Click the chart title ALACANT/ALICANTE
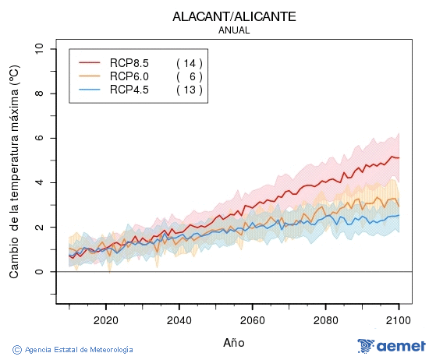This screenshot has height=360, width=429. coord(233,16)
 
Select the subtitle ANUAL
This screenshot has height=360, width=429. coord(233,30)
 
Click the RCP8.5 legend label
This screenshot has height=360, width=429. coord(129,63)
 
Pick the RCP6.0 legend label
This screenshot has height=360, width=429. coord(129,76)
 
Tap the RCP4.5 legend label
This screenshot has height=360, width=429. coord(129,90)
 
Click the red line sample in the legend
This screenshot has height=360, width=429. coord(90,63)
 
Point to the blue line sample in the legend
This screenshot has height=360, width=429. coord(90,90)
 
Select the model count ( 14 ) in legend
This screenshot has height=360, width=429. coord(189,63)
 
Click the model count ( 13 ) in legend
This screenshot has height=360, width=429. coord(189,90)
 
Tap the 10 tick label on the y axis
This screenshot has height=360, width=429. coord(40,49)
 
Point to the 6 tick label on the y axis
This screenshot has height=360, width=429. coord(40,138)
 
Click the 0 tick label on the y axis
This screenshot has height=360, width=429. coord(40,272)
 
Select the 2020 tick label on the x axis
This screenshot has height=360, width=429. coord(105,319)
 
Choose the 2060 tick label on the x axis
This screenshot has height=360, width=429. coord(252,319)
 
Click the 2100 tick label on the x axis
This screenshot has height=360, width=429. coord(399,319)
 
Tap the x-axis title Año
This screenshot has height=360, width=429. coord(233,342)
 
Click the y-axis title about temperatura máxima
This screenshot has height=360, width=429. coord(14,172)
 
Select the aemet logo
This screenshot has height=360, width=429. coord(392,345)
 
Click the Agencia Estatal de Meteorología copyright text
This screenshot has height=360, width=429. coord(73,350)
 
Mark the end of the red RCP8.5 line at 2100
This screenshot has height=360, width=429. coord(399,158)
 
